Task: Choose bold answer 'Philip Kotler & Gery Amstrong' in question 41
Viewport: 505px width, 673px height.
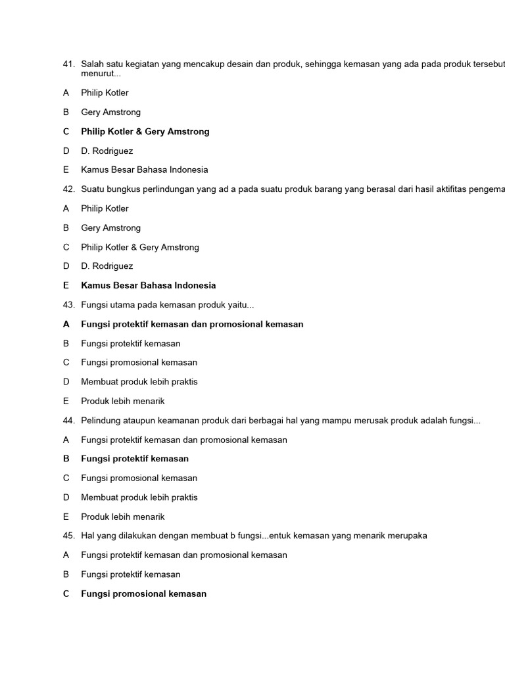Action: pos(145,131)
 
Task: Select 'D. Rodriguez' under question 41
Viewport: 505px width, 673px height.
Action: pos(107,151)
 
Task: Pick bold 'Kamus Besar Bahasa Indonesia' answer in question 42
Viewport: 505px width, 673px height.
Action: pos(148,285)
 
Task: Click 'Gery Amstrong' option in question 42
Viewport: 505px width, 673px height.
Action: pos(110,228)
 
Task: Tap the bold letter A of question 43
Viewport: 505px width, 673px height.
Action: pos(66,324)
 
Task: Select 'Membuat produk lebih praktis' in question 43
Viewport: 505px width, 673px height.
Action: pos(139,382)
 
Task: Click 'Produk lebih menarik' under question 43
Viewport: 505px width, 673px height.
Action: pos(123,401)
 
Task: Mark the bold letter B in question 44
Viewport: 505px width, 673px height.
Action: pos(66,459)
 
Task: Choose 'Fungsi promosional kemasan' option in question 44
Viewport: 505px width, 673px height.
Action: pos(139,478)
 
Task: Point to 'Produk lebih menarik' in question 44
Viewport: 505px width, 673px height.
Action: pos(123,517)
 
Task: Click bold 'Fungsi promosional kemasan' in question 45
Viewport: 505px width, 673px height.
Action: pos(143,593)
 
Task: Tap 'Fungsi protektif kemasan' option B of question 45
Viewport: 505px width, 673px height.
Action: pos(131,574)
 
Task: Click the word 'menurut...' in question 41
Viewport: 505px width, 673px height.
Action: pos(101,74)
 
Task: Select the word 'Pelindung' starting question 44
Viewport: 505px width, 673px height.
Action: pos(100,421)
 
